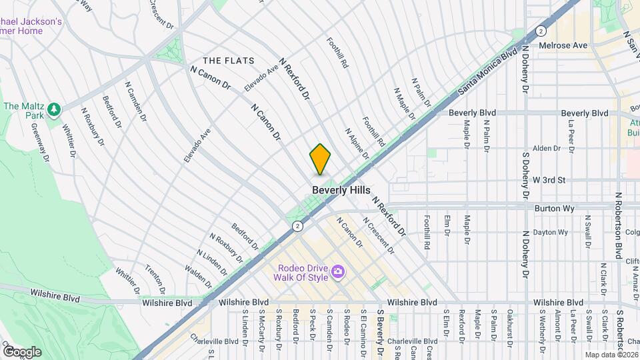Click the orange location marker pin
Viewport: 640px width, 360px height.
320,159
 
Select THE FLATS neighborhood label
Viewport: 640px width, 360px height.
229,61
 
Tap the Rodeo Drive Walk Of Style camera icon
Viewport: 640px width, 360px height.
338,271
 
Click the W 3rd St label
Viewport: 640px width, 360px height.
549,180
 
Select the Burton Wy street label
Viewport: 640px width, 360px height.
553,208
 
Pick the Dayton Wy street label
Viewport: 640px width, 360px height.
554,232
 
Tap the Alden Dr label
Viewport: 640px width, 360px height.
546,148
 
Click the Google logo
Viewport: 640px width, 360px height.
21,351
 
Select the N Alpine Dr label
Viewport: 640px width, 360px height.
357,144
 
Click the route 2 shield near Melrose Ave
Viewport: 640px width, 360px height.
541,31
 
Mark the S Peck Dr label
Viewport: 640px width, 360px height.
312,327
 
